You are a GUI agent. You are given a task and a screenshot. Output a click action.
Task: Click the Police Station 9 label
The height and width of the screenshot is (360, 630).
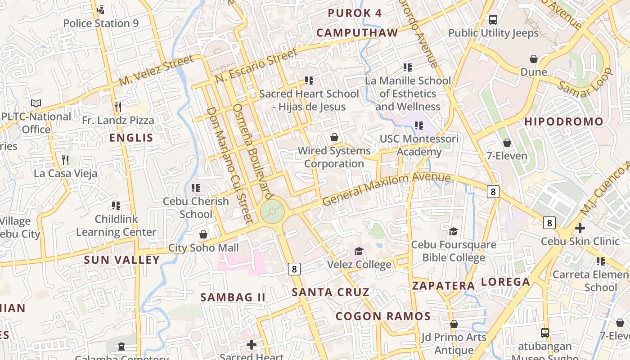(101, 23)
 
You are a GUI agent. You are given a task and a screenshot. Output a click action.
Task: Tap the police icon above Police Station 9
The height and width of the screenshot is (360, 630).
(101, 9)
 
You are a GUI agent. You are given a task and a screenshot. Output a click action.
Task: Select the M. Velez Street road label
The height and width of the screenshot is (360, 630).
(157, 71)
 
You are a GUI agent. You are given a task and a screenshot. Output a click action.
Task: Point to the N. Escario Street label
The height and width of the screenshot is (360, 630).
(256, 66)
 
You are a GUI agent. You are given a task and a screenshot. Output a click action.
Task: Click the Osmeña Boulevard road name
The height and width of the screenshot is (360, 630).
(253, 151)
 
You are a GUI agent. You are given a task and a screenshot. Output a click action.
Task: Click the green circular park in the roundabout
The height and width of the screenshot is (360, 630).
(272, 211)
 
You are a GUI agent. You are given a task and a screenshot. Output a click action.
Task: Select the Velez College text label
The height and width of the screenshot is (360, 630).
(359, 265)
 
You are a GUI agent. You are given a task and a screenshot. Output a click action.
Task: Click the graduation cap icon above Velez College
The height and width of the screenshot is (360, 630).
(359, 251)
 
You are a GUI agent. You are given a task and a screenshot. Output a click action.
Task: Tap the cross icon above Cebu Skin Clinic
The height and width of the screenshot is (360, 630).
(580, 228)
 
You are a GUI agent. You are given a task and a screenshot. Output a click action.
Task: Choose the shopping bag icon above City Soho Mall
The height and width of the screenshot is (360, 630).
(203, 234)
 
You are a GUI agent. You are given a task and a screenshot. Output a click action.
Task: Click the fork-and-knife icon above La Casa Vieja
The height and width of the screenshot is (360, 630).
(65, 160)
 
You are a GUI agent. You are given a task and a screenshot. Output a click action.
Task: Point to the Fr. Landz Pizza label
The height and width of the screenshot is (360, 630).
(118, 121)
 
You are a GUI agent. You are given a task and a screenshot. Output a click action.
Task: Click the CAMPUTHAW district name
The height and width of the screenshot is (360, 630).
(357, 32)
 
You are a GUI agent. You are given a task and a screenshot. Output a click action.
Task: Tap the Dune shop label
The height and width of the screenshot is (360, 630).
(534, 72)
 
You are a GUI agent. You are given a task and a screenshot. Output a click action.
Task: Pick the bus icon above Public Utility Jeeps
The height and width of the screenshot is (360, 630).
(493, 20)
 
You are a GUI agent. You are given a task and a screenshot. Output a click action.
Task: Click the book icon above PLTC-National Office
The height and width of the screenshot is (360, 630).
(36, 103)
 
